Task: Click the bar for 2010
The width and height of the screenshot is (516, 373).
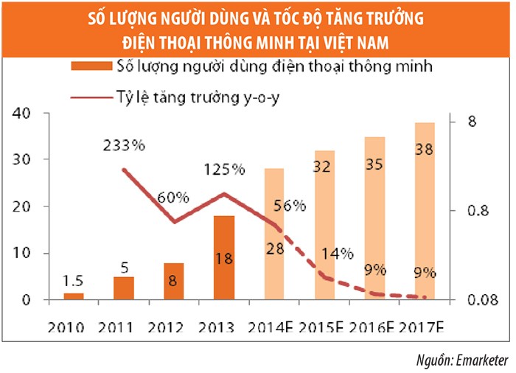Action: point(74,296)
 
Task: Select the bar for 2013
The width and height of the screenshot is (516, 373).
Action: point(223,258)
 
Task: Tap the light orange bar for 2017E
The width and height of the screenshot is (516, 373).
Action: point(425,211)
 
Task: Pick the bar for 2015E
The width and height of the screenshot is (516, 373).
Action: point(324,225)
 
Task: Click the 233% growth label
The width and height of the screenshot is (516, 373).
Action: point(124,145)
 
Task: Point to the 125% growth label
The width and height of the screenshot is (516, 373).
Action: point(224,170)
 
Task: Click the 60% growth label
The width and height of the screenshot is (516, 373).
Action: point(173,198)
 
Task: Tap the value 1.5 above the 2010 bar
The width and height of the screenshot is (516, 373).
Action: point(74,281)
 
